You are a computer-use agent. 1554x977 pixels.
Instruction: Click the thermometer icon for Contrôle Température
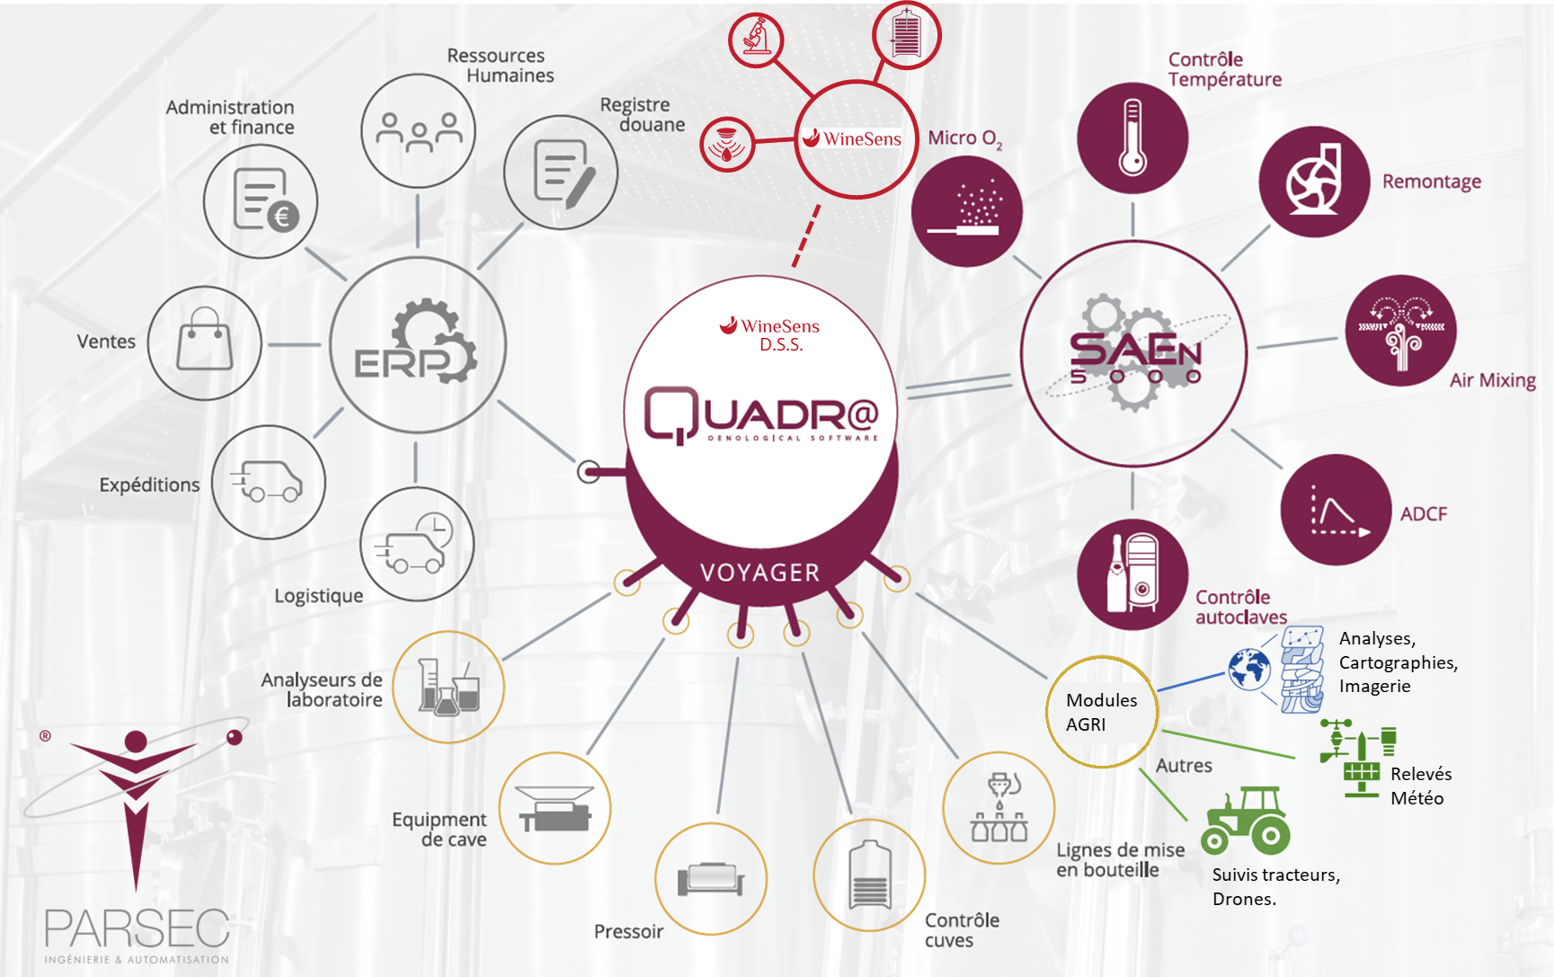pyautogui.click(x=1132, y=138)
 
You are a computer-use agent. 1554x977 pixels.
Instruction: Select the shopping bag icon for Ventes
pyautogui.click(x=205, y=342)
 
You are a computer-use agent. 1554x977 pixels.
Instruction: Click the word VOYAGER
pyautogui.click(x=759, y=573)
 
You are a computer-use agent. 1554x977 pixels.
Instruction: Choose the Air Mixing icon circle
pyautogui.click(x=1400, y=331)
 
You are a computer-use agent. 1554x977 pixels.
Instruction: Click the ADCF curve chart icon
pyautogui.click(x=1336, y=511)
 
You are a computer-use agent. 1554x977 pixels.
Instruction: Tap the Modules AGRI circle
pyautogui.click(x=1102, y=712)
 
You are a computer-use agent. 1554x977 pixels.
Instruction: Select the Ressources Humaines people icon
pyautogui.click(x=419, y=131)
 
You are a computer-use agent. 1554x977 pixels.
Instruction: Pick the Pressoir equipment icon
pyautogui.click(x=711, y=878)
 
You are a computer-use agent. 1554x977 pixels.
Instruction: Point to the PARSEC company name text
pyautogui.click(x=137, y=928)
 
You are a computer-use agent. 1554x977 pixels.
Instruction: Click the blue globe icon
pyautogui.click(x=1249, y=669)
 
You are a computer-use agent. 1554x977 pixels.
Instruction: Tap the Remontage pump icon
pyautogui.click(x=1314, y=182)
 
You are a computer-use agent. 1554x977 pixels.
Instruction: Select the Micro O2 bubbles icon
pyautogui.click(x=967, y=211)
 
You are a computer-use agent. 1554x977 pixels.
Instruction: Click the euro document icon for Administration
pyautogui.click(x=262, y=201)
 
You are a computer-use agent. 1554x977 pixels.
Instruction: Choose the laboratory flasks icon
pyautogui.click(x=448, y=688)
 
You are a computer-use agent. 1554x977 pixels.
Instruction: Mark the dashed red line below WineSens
pyautogui.click(x=805, y=236)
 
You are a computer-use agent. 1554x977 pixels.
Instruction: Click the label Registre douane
pyautogui.click(x=643, y=115)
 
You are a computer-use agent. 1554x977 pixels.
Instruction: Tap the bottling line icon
pyautogui.click(x=999, y=808)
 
